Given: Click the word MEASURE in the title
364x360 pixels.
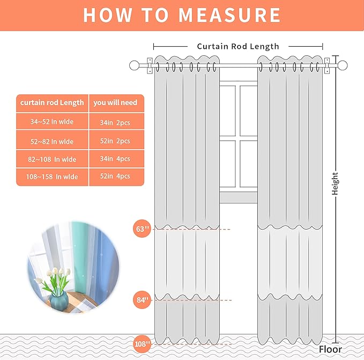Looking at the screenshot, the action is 229,15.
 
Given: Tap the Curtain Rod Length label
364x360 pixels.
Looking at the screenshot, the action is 238,47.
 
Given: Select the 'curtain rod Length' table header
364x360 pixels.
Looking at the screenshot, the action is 52,103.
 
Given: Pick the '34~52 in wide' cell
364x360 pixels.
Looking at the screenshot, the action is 52,121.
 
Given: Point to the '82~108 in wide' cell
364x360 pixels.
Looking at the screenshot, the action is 52,159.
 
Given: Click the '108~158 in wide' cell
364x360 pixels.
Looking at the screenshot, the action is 52,177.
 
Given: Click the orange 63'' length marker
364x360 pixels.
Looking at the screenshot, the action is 142,229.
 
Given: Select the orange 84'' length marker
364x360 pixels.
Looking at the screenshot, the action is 142,300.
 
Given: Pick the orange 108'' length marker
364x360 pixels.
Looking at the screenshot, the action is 142,344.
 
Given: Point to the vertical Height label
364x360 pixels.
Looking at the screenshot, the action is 335,183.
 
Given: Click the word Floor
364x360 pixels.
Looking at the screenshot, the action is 330,349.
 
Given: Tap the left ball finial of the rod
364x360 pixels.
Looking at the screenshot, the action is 134,65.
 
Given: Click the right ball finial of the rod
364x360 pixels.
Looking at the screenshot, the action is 343,65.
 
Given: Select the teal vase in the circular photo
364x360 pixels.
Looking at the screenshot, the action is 59,301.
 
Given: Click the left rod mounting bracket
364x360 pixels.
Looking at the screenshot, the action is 150,65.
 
